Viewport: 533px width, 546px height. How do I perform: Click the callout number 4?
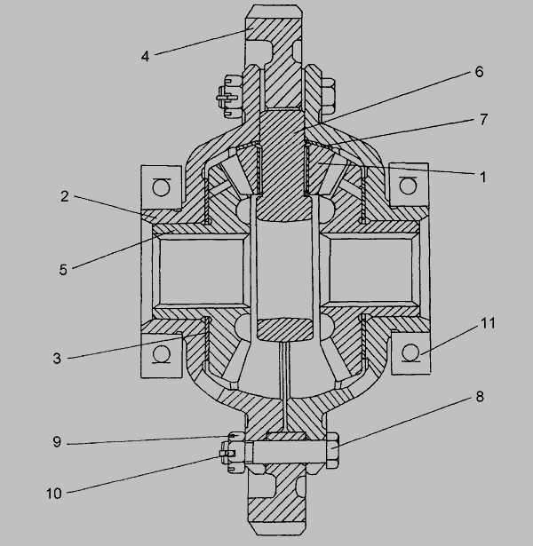pos(146,57)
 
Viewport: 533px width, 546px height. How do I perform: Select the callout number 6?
pos(480,72)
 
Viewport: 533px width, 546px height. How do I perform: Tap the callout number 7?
pos(483,120)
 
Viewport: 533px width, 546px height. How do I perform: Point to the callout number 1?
pos(483,178)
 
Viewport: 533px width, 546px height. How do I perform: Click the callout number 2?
pos(65,197)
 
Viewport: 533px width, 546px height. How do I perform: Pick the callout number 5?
pos(63,270)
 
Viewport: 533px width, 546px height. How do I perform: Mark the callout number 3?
pos(57,359)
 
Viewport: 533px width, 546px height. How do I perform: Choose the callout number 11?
pos(488,323)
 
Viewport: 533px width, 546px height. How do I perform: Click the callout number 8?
pos(480,397)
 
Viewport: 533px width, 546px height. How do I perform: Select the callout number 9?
pos(57,442)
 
